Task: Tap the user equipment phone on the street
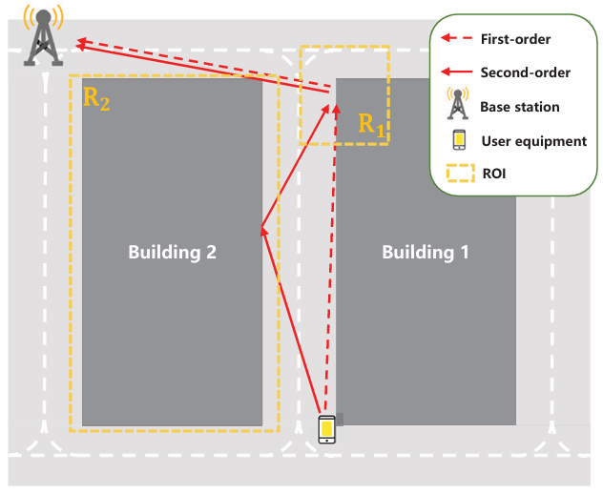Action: [x=327, y=431]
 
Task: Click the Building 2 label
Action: [x=173, y=253]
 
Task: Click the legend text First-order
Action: [x=516, y=39]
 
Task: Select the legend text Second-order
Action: [x=526, y=72]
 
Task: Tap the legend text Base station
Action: [x=520, y=107]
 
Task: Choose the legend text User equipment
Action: [x=533, y=141]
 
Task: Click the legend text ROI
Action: [x=494, y=175]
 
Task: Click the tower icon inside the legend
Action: [x=458, y=104]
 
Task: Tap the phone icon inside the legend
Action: [x=459, y=140]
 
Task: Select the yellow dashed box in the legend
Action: [x=459, y=175]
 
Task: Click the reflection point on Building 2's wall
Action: [x=261, y=229]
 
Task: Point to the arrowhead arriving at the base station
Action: [x=82, y=42]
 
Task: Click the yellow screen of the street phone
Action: [x=327, y=431]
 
